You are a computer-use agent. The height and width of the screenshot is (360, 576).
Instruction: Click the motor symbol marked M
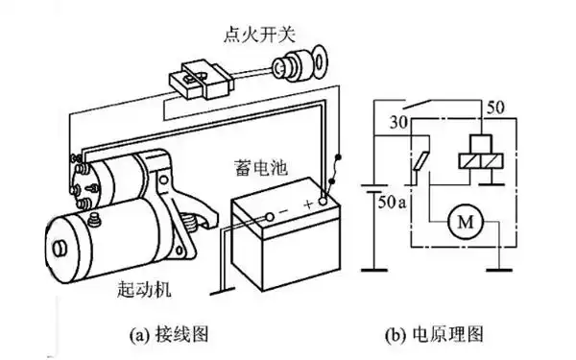466,223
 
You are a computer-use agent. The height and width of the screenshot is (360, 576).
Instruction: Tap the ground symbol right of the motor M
499,272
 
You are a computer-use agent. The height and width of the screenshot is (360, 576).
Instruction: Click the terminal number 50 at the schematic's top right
496,104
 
